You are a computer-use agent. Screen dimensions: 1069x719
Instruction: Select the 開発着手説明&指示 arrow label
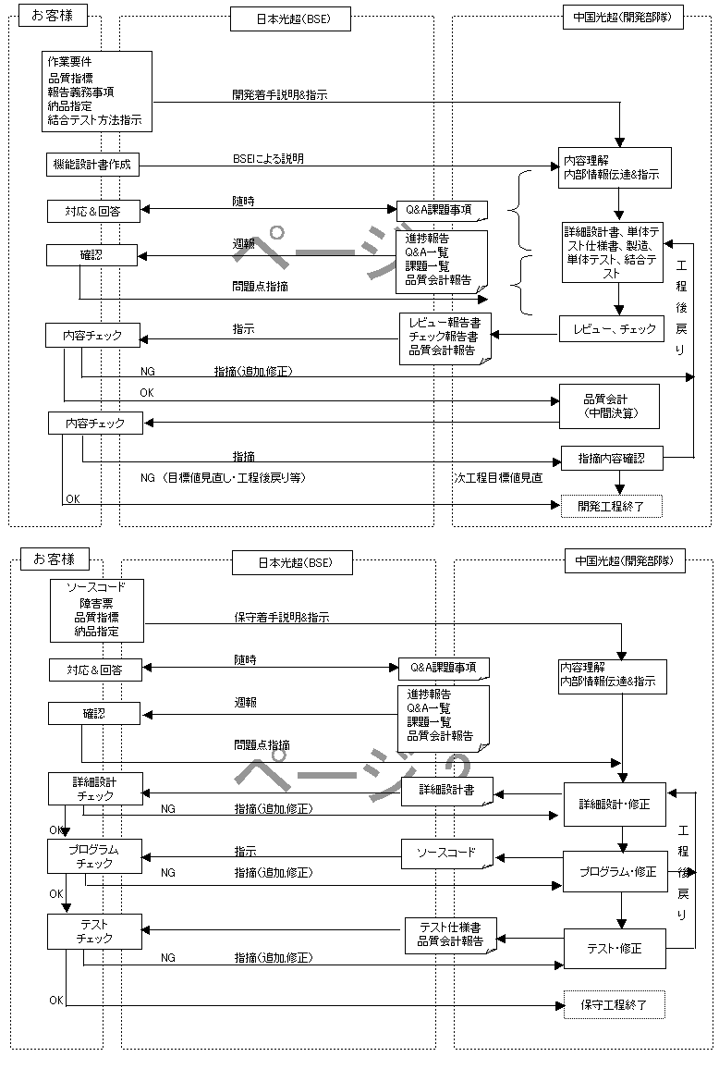(280, 95)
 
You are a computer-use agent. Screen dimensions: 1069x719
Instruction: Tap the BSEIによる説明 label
(268, 159)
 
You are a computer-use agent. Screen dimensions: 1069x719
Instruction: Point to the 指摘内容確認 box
(612, 458)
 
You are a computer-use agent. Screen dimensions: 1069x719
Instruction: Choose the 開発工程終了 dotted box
(612, 505)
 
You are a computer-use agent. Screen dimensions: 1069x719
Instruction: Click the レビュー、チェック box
(612, 328)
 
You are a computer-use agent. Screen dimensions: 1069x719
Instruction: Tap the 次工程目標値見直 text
(498, 478)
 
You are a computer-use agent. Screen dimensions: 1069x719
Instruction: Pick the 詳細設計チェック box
(95, 788)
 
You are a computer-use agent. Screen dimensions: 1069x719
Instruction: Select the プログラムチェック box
(95, 855)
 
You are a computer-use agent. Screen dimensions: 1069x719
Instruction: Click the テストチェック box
(95, 930)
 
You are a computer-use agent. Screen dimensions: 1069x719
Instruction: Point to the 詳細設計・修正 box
(615, 804)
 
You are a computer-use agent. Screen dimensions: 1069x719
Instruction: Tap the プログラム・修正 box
(615, 871)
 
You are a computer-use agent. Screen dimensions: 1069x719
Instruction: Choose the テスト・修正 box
(615, 948)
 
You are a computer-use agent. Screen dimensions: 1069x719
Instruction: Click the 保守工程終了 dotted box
(614, 1004)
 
